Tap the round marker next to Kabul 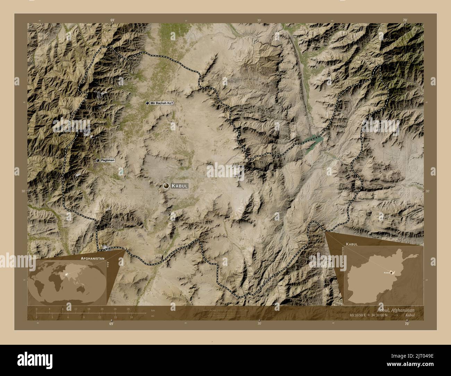pyautogui.click(x=167, y=186)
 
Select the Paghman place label pyautogui.click(x=108, y=160)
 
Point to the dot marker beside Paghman pyautogui.click(x=98, y=160)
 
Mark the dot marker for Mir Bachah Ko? pyautogui.click(x=147, y=103)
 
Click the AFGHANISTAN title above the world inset pyautogui.click(x=92, y=259)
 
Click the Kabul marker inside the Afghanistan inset pyautogui.click(x=391, y=273)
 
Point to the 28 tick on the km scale pyautogui.click(x=128, y=309)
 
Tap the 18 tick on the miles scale pyautogui.click(x=131, y=317)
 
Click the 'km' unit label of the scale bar pyautogui.click(x=153, y=310)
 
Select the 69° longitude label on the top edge pyautogui.click(x=112, y=20)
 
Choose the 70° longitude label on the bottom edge pyautogui.click(x=406, y=324)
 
